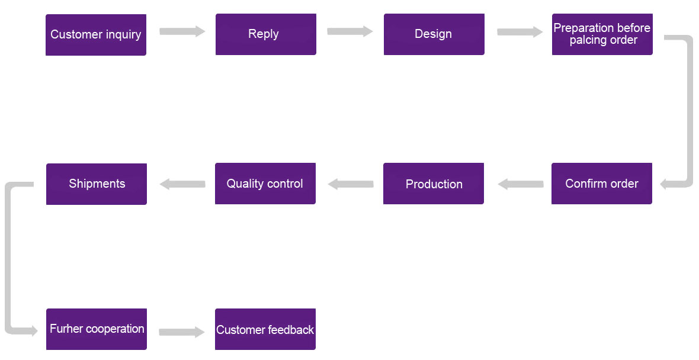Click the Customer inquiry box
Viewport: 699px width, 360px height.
tap(96, 35)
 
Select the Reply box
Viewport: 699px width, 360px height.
tap(266, 34)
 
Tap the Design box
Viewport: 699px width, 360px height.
tap(434, 34)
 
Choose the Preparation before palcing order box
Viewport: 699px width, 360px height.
tap(602, 34)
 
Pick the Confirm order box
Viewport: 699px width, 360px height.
tap(602, 184)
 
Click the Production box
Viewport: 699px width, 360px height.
tap(433, 184)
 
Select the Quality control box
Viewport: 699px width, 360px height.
tap(265, 184)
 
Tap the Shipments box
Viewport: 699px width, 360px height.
tap(97, 184)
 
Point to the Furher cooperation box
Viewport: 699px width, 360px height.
tap(97, 329)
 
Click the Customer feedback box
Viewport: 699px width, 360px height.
tap(265, 329)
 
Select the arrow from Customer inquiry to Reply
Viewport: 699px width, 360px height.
tap(182, 31)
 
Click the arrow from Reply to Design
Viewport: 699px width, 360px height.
tap(350, 31)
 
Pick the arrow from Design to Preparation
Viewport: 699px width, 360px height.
tap(520, 31)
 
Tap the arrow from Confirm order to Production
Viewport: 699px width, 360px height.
tap(520, 184)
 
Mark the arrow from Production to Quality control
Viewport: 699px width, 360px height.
tap(351, 184)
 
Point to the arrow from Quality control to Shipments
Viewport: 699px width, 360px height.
tap(182, 184)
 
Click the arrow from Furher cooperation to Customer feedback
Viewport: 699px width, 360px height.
tap(182, 332)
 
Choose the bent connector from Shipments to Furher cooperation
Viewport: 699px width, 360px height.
tap(8, 258)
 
